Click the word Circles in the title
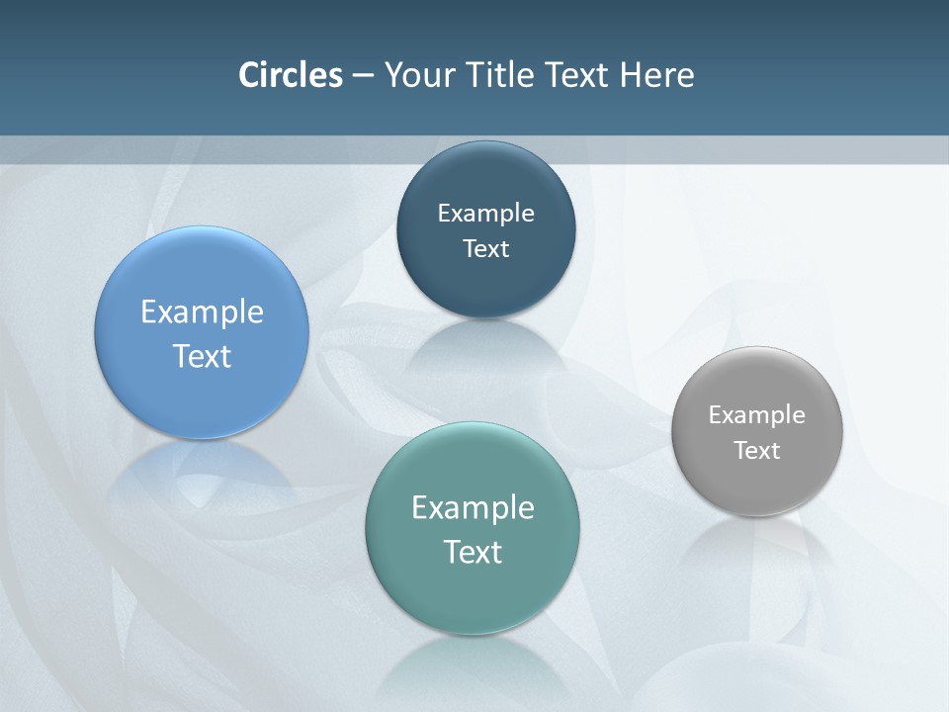click(x=291, y=75)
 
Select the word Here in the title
click(x=656, y=75)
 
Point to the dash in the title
click(x=363, y=76)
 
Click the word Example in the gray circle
click(x=757, y=415)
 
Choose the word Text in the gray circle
click(x=757, y=451)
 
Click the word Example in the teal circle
click(x=473, y=508)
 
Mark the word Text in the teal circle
click(x=473, y=552)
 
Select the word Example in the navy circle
click(x=485, y=214)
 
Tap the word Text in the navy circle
click(x=485, y=249)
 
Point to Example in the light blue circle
click(x=202, y=312)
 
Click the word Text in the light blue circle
click(x=202, y=356)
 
